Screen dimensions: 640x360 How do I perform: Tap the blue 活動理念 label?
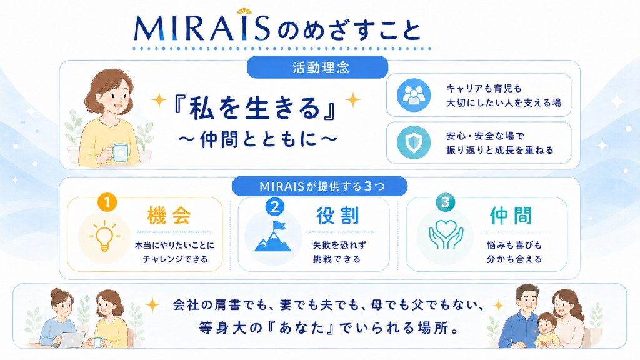pos(317,67)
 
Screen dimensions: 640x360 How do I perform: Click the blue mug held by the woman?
pos(120,152)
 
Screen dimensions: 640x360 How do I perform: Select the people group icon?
pos(414,95)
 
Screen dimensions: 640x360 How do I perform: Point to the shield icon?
pos(414,142)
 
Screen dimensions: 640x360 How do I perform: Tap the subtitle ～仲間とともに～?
pos(258,139)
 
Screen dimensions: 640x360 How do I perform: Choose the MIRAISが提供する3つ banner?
pos(319,186)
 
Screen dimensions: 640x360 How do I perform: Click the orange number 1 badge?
pos(107,202)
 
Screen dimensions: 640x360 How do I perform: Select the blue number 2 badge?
pos(275,207)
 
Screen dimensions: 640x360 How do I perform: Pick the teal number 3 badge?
pos(445,202)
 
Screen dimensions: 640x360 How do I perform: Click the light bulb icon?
pos(104,236)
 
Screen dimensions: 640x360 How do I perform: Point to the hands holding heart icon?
pos(446,235)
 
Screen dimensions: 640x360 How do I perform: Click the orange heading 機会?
pos(169,216)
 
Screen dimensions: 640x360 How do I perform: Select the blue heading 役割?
pos(338,216)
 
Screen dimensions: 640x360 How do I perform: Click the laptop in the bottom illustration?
pos(72,339)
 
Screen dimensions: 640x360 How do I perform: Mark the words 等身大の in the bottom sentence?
pos(231,327)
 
